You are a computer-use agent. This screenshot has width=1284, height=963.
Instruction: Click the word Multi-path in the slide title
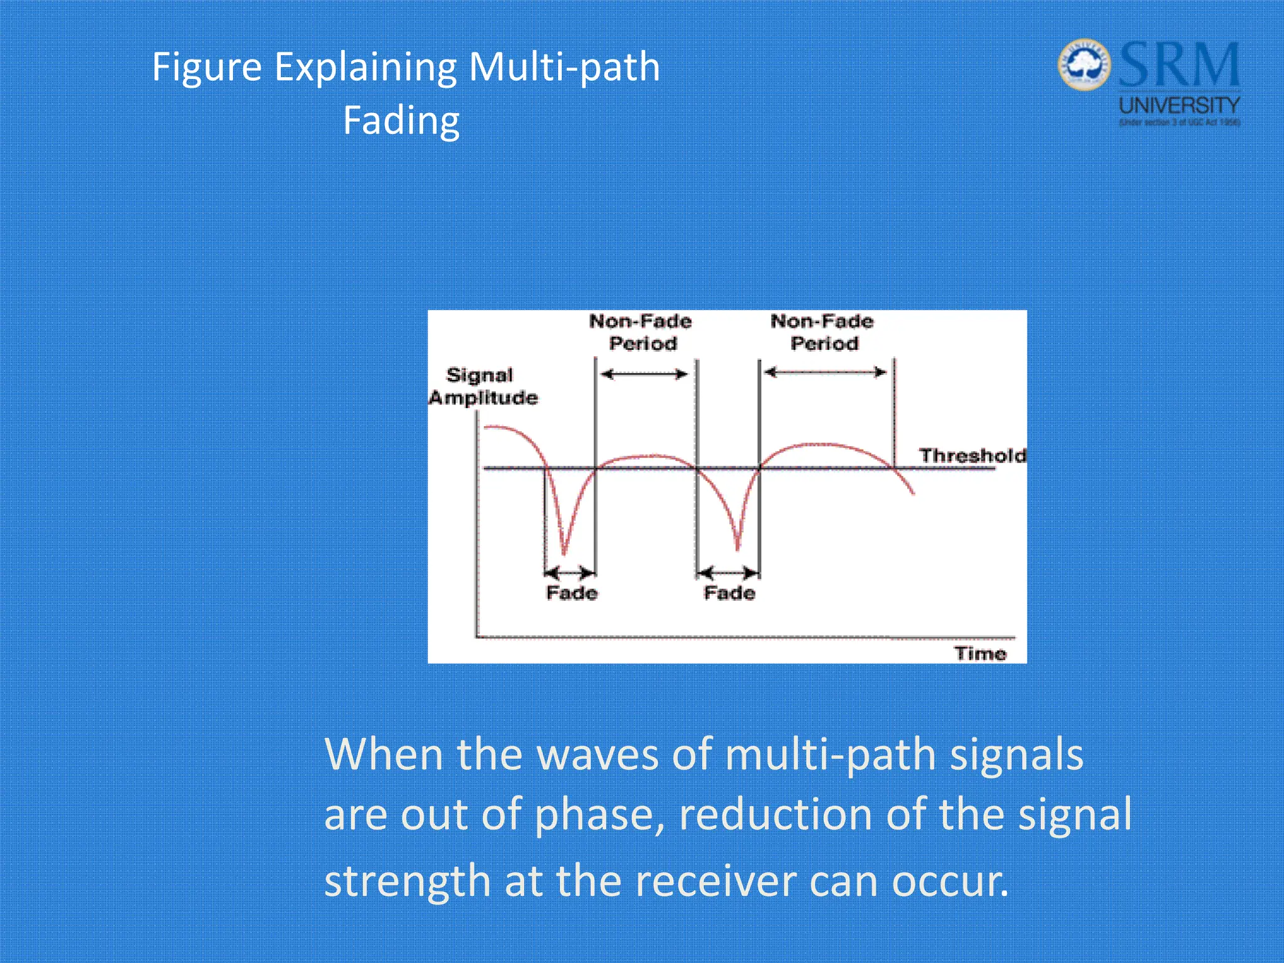click(564, 67)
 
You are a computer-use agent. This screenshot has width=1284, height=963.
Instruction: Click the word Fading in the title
click(401, 120)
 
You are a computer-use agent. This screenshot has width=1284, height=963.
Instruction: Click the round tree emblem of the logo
click(1084, 65)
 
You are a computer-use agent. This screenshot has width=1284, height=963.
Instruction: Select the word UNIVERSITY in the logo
click(1179, 105)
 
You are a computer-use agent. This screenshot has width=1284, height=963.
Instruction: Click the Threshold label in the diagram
click(972, 455)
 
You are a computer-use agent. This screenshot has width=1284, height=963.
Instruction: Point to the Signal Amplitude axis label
click(483, 386)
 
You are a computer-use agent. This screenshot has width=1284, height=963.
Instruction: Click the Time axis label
click(980, 653)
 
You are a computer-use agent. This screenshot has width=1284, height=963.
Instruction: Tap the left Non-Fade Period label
click(641, 332)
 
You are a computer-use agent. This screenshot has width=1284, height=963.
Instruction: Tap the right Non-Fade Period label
click(823, 332)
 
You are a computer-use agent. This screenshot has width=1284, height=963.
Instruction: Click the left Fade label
click(572, 592)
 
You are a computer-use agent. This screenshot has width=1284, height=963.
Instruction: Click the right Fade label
click(729, 592)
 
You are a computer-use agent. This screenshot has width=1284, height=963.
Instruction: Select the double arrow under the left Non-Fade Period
click(644, 374)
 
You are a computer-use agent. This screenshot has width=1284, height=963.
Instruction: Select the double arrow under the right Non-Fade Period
click(825, 372)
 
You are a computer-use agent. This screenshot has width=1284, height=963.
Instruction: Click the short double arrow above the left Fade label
click(569, 572)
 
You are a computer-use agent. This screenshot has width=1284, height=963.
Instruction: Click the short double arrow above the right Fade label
click(727, 572)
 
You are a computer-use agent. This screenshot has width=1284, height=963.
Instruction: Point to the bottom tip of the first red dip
click(564, 554)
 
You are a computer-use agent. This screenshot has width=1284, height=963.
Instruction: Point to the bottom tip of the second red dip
click(738, 549)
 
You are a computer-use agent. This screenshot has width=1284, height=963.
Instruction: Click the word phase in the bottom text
click(599, 814)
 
